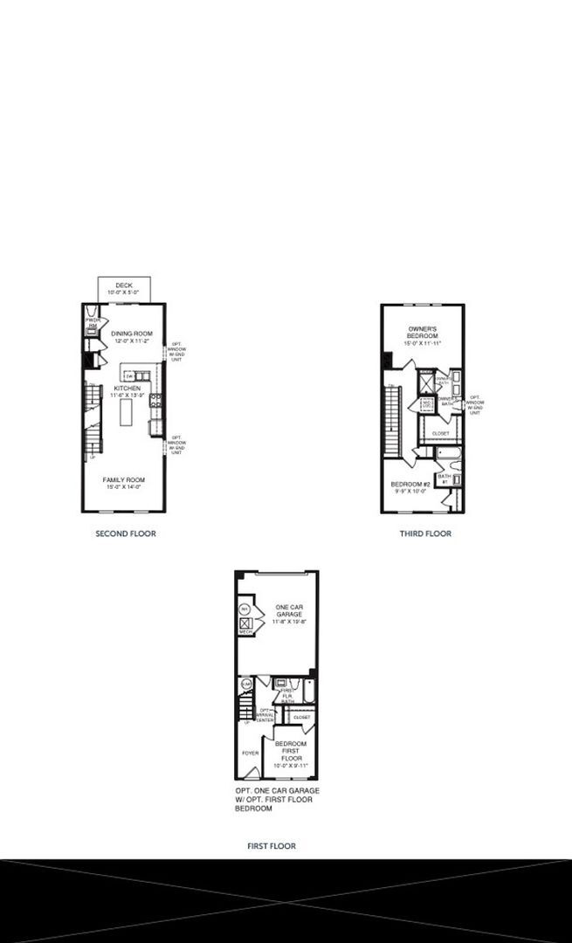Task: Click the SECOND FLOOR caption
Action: click(x=126, y=533)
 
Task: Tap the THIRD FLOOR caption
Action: click(x=425, y=533)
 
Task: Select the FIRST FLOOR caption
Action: click(x=271, y=846)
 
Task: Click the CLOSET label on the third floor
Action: click(x=440, y=433)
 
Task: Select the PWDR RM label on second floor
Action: click(x=93, y=323)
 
